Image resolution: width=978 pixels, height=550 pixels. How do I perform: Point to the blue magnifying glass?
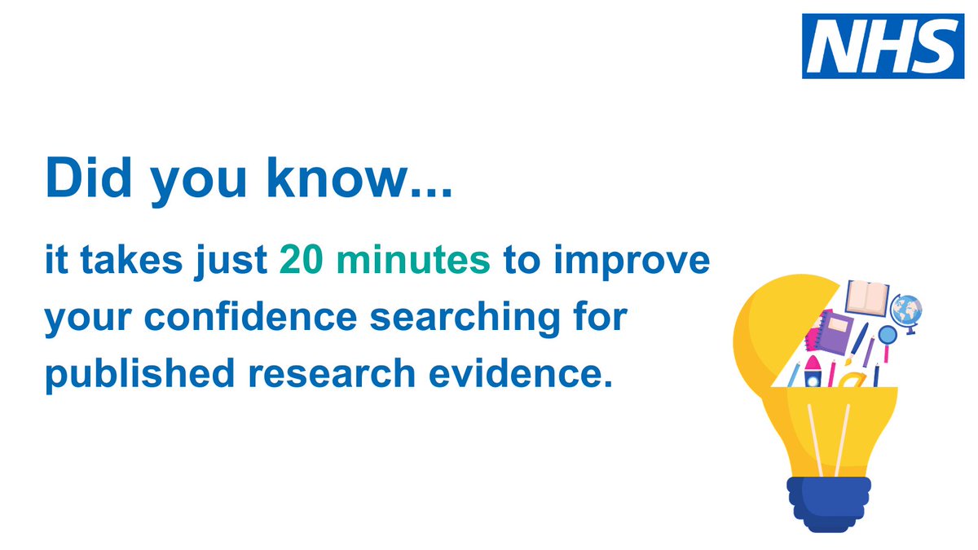[x=886, y=337]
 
